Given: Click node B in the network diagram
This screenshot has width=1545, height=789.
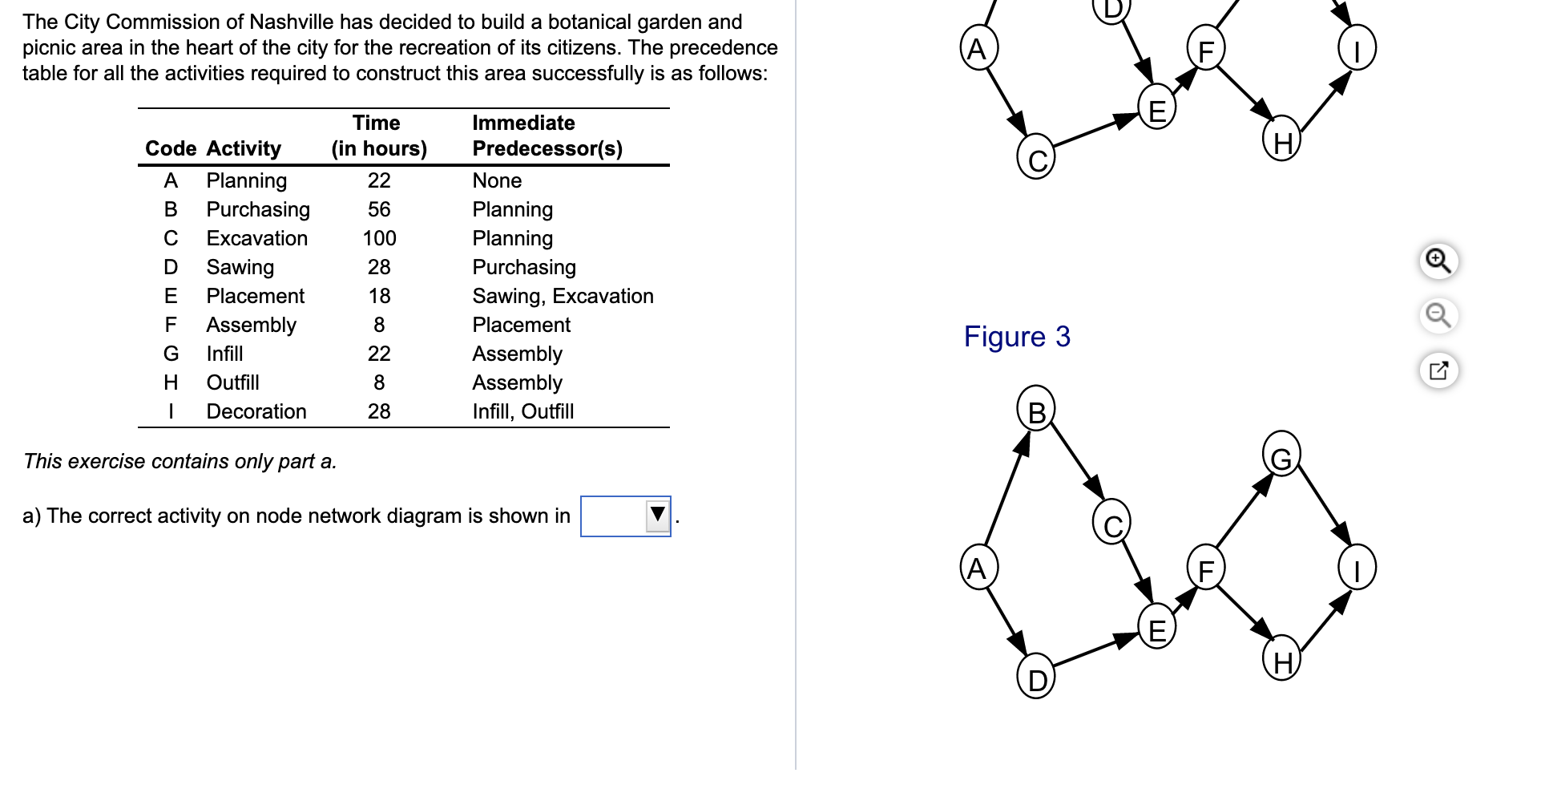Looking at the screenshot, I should (1036, 411).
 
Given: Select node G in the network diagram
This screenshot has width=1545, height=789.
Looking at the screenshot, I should (1281, 457).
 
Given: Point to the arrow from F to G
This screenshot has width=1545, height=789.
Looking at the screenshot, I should (1244, 511).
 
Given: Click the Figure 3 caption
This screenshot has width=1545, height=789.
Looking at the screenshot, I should (1016, 337).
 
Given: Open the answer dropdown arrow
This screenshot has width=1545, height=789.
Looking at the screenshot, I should (657, 515).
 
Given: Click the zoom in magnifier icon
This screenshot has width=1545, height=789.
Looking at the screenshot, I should (1438, 261).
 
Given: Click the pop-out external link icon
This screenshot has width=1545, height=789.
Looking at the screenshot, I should (1438, 370).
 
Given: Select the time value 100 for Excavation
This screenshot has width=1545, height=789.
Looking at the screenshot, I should (379, 238).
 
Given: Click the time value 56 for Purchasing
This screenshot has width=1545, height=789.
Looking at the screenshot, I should (379, 209).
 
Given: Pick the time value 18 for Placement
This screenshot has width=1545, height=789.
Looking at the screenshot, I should (379, 296).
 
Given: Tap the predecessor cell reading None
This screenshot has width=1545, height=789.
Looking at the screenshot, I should (497, 180).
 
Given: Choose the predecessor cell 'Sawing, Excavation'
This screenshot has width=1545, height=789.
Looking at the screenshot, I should (563, 296).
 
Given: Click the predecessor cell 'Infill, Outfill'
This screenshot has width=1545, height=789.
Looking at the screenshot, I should (522, 411).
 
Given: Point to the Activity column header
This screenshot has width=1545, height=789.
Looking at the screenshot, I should (244, 148).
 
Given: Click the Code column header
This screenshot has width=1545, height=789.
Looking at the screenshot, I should (170, 148).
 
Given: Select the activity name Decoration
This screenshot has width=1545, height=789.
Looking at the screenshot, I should (256, 411).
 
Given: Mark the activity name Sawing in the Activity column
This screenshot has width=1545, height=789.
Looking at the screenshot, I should (240, 267).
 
